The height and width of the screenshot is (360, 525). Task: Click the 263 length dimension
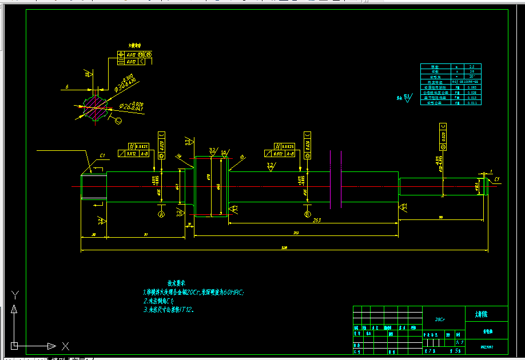pyautogui.click(x=316, y=220)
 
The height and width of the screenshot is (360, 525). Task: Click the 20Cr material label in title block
pyautogui.click(x=440, y=320)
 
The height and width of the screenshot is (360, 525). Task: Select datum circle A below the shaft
pyautogui.click(x=161, y=214)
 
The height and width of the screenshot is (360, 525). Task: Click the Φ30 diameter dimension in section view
pyautogui.click(x=125, y=82)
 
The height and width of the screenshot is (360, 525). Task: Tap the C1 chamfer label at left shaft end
pyautogui.click(x=102, y=155)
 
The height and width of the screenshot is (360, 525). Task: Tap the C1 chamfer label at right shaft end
pyautogui.click(x=497, y=179)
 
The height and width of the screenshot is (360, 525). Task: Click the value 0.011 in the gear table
pyautogui.click(x=472, y=103)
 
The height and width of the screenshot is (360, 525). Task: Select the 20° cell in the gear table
pyautogui.click(x=472, y=76)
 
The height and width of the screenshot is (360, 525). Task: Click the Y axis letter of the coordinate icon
pyautogui.click(x=15, y=294)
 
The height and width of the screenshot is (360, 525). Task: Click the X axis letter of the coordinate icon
pyautogui.click(x=65, y=346)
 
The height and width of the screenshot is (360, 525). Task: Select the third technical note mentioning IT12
pyautogui.click(x=169, y=310)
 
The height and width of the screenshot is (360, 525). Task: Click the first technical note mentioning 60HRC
pyautogui.click(x=195, y=292)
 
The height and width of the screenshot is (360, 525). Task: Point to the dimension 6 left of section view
pyautogui.click(x=67, y=87)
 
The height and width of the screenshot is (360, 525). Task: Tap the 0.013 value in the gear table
pyautogui.click(x=472, y=98)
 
